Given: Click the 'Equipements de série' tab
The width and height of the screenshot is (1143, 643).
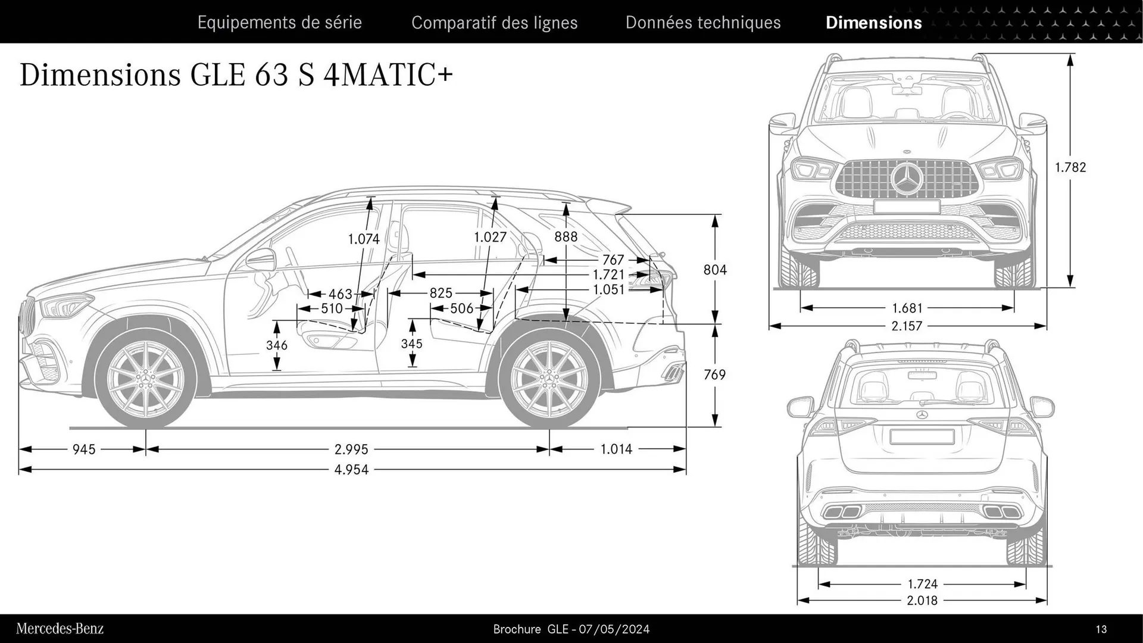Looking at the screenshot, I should (x=279, y=23).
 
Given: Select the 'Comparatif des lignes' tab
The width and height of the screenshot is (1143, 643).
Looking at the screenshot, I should (x=494, y=23).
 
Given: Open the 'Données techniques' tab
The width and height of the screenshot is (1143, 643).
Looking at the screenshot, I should (x=702, y=23).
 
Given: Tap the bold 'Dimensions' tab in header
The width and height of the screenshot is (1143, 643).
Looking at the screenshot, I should (x=873, y=23).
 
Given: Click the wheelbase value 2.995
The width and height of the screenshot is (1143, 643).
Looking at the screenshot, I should (x=351, y=450).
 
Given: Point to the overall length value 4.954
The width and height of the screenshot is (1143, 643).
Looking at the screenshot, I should (x=351, y=470).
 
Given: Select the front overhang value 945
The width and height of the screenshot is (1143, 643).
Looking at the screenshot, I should (x=84, y=450).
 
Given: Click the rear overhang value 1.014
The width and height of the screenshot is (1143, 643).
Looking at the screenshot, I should (x=616, y=449).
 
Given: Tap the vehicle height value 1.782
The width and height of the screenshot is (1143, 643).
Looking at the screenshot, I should (x=1070, y=167).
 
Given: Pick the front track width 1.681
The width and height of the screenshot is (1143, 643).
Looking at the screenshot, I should (x=907, y=308).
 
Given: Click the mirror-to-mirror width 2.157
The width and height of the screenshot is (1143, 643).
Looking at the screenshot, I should (x=907, y=326).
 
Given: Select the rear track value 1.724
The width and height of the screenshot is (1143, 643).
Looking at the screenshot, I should (x=922, y=584).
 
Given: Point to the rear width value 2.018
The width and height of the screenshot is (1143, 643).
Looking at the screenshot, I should (x=922, y=601).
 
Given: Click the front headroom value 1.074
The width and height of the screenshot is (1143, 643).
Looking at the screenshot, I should (x=364, y=239).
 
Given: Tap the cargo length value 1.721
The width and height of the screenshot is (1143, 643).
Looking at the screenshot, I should (x=608, y=275).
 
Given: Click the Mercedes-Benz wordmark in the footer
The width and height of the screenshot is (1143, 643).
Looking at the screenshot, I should (x=60, y=629).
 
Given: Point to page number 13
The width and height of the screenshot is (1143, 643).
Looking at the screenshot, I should (x=1101, y=629).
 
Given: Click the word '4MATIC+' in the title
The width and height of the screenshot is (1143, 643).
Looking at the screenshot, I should (x=388, y=75).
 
